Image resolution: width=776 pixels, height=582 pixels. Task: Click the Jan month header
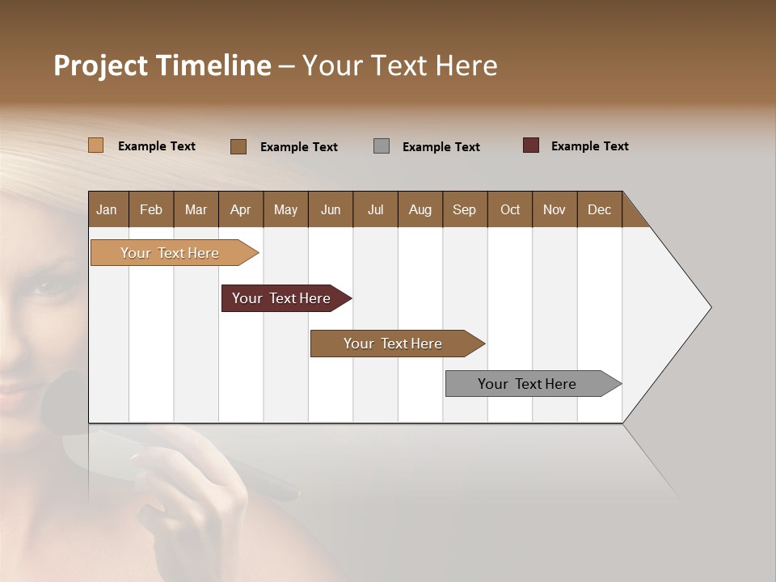click(108, 209)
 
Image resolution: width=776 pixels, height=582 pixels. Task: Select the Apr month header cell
click(240, 209)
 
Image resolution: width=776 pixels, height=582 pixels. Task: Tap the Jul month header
click(375, 209)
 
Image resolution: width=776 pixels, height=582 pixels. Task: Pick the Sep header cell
click(464, 209)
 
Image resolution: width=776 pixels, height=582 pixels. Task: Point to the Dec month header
click(599, 209)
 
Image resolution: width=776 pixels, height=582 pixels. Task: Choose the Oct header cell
click(509, 209)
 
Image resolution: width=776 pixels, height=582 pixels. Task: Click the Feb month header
click(151, 209)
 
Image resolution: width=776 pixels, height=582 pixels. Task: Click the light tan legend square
click(96, 145)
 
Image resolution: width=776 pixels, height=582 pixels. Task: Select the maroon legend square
click(531, 145)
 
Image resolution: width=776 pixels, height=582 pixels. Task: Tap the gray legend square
click(382, 146)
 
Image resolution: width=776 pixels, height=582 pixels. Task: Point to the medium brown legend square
click(238, 146)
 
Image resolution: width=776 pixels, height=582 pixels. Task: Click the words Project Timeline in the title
click(162, 65)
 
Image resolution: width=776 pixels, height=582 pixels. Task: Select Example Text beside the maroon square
click(589, 146)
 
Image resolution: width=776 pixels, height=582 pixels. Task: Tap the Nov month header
click(554, 209)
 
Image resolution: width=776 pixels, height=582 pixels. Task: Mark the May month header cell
click(285, 209)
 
